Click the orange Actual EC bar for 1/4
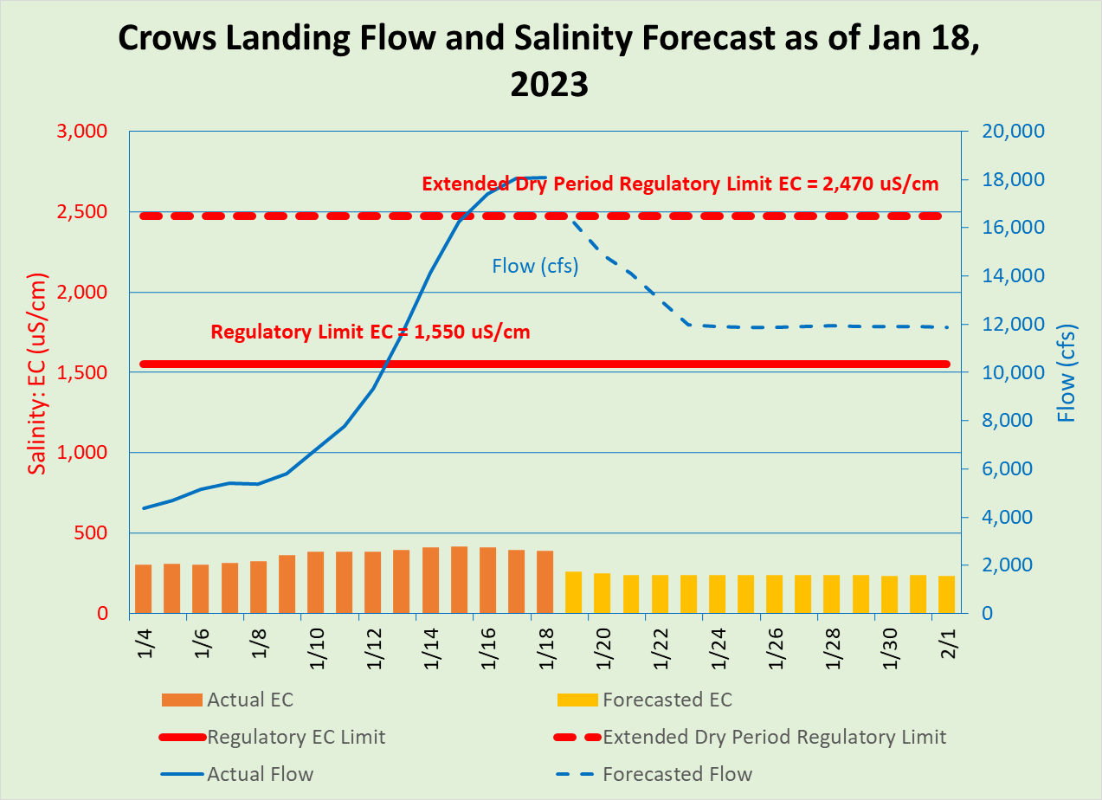[x=144, y=589]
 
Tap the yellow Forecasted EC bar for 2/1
[x=946, y=594]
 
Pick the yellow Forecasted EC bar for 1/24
[x=717, y=594]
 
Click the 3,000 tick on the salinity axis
[x=82, y=132]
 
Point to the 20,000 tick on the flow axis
[x=1013, y=132]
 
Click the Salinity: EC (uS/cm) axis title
[x=37, y=372]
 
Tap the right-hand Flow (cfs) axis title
[x=1067, y=372]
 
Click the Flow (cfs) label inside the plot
[x=535, y=266]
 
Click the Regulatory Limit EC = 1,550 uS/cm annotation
[x=371, y=332]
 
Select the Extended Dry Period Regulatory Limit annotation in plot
[x=680, y=184]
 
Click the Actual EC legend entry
[x=255, y=700]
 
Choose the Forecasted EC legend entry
[x=667, y=700]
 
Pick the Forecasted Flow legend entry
[x=677, y=774]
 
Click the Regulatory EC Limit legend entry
[x=296, y=737]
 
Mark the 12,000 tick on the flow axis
[x=1013, y=325]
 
